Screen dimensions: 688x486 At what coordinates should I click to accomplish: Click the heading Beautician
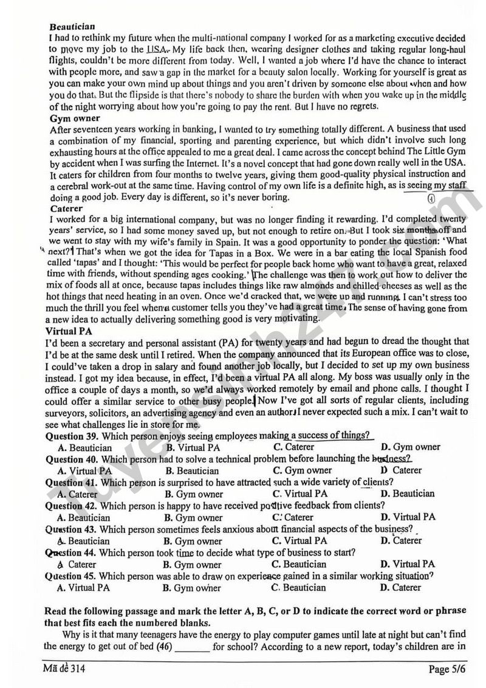click(72, 27)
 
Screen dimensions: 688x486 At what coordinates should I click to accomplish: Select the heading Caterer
click(67, 208)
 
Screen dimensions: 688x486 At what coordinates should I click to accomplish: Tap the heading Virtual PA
click(69, 331)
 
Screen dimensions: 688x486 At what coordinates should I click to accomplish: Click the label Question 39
click(72, 436)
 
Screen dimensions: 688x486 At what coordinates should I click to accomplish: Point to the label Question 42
click(72, 506)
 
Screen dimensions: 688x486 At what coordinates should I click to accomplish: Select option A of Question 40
click(84, 470)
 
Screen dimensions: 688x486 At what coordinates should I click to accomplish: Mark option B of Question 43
click(193, 541)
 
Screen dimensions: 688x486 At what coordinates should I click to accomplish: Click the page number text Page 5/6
click(447, 670)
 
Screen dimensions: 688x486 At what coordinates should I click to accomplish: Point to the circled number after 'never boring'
click(431, 199)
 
